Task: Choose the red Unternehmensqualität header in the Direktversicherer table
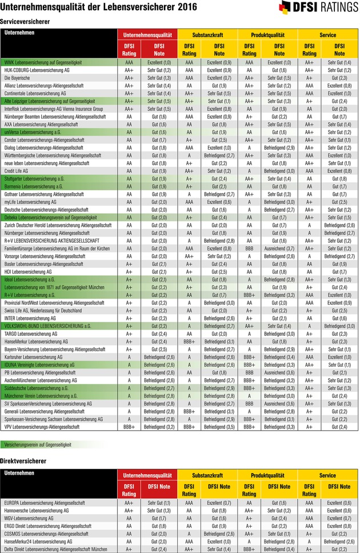pyautogui.click(x=147, y=475)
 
